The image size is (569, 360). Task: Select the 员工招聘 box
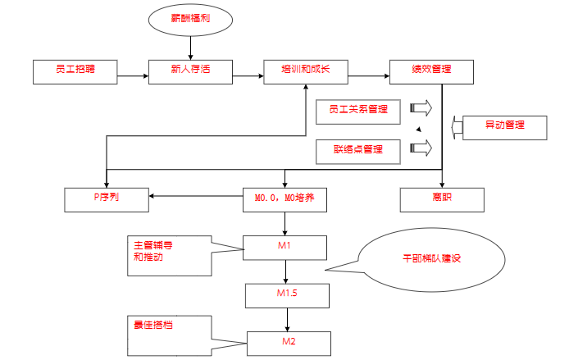pyautogui.click(x=74, y=71)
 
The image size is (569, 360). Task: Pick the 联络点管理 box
pyautogui.click(x=358, y=151)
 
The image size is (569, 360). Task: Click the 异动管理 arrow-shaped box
pyautogui.click(x=499, y=127)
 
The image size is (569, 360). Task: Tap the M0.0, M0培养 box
pyautogui.click(x=284, y=199)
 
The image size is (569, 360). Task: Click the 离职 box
pyautogui.click(x=443, y=199)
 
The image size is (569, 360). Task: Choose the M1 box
pyautogui.click(x=284, y=247)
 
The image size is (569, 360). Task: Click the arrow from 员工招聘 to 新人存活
pyautogui.click(x=131, y=77)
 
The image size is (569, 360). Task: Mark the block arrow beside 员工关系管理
pyautogui.click(x=421, y=108)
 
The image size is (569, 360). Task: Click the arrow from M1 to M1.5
pyautogui.click(x=284, y=271)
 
